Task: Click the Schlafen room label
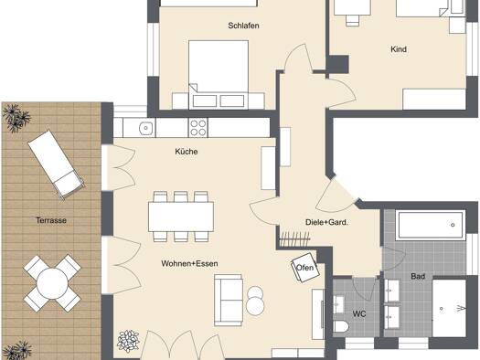click(x=243, y=26)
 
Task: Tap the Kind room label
click(x=399, y=49)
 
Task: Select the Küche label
click(x=187, y=152)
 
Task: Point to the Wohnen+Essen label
click(x=189, y=263)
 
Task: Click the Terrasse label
click(x=51, y=220)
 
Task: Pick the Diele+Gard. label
click(x=326, y=222)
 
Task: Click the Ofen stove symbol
click(x=305, y=268)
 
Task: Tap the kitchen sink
click(x=146, y=128)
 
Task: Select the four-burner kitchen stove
click(x=197, y=128)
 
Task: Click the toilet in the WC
click(x=340, y=326)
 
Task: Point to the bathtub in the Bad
click(x=430, y=225)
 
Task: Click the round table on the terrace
click(x=52, y=283)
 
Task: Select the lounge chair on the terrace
click(x=57, y=164)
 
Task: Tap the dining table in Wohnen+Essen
click(x=181, y=217)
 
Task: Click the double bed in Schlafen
click(x=219, y=75)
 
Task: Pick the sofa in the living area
click(x=229, y=300)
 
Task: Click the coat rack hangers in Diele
click(x=294, y=238)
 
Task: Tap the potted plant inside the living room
click(x=128, y=342)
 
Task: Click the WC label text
click(x=359, y=313)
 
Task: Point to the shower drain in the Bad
click(x=441, y=309)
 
